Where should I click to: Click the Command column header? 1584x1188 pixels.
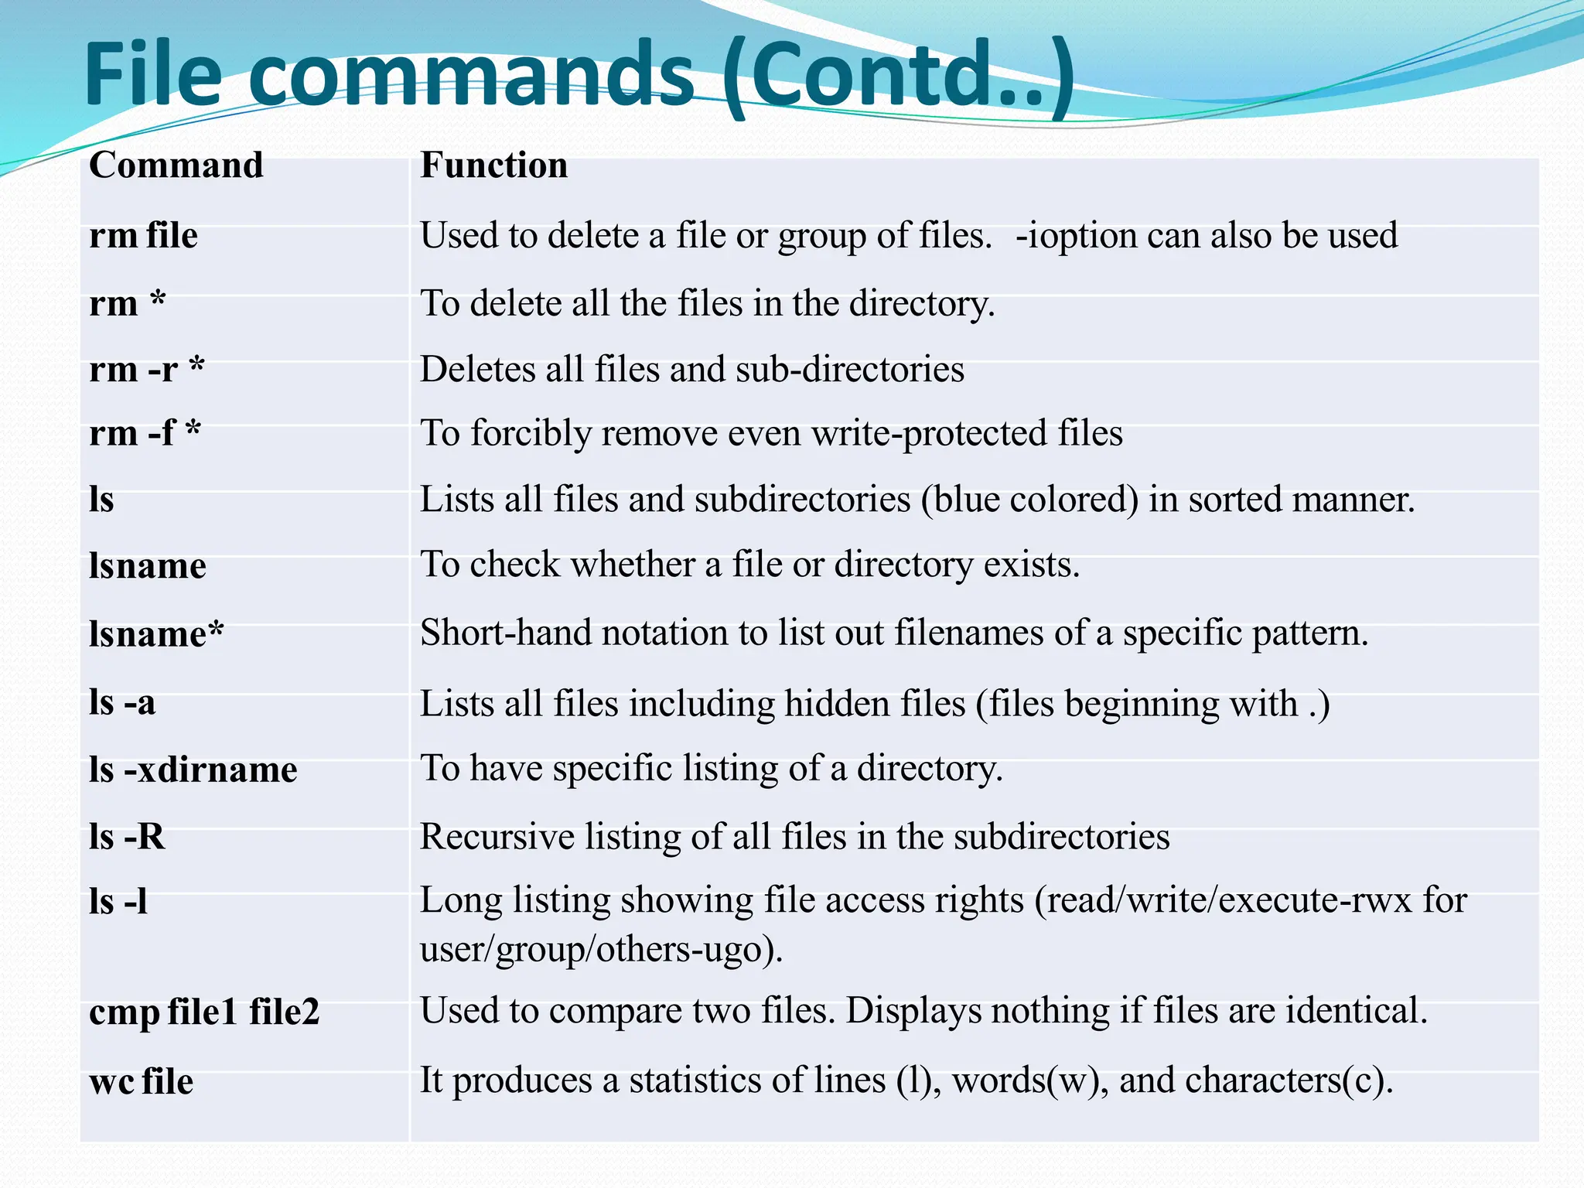[x=176, y=166]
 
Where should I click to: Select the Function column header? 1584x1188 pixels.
[x=493, y=166]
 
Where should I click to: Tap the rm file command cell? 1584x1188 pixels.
[x=143, y=235]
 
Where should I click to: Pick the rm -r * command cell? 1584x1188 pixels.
[x=147, y=370]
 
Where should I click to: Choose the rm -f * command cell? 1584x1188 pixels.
[x=145, y=433]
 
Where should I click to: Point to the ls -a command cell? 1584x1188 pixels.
[x=122, y=703]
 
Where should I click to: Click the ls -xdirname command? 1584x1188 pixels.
[x=193, y=770]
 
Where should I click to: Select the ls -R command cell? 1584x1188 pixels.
[x=127, y=837]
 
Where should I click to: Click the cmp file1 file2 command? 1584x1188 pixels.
[x=204, y=1012]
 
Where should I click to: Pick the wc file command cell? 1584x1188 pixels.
[x=141, y=1081]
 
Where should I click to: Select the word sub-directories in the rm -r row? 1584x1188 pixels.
[x=850, y=370]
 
